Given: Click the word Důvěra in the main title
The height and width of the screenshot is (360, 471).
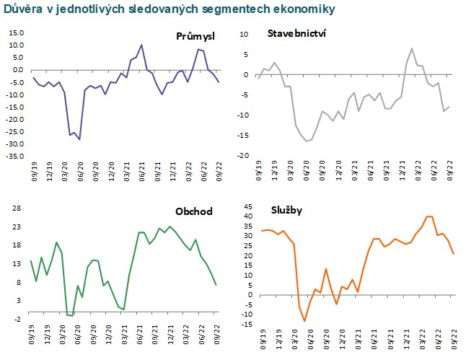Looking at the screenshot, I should [x=22, y=9].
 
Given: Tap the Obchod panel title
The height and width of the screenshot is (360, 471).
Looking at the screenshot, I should [x=193, y=211].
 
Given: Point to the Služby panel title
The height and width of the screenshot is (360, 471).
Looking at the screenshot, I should [x=287, y=209].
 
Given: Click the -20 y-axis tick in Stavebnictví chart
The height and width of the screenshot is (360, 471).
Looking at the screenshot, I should [x=244, y=156].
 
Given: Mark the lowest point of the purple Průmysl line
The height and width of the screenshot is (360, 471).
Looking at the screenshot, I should [x=79, y=139].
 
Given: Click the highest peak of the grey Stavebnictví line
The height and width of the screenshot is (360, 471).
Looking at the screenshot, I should [x=412, y=49].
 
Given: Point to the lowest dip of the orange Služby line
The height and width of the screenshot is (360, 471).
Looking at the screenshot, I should [x=304, y=321].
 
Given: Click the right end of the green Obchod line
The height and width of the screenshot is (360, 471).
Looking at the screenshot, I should [x=216, y=285].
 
